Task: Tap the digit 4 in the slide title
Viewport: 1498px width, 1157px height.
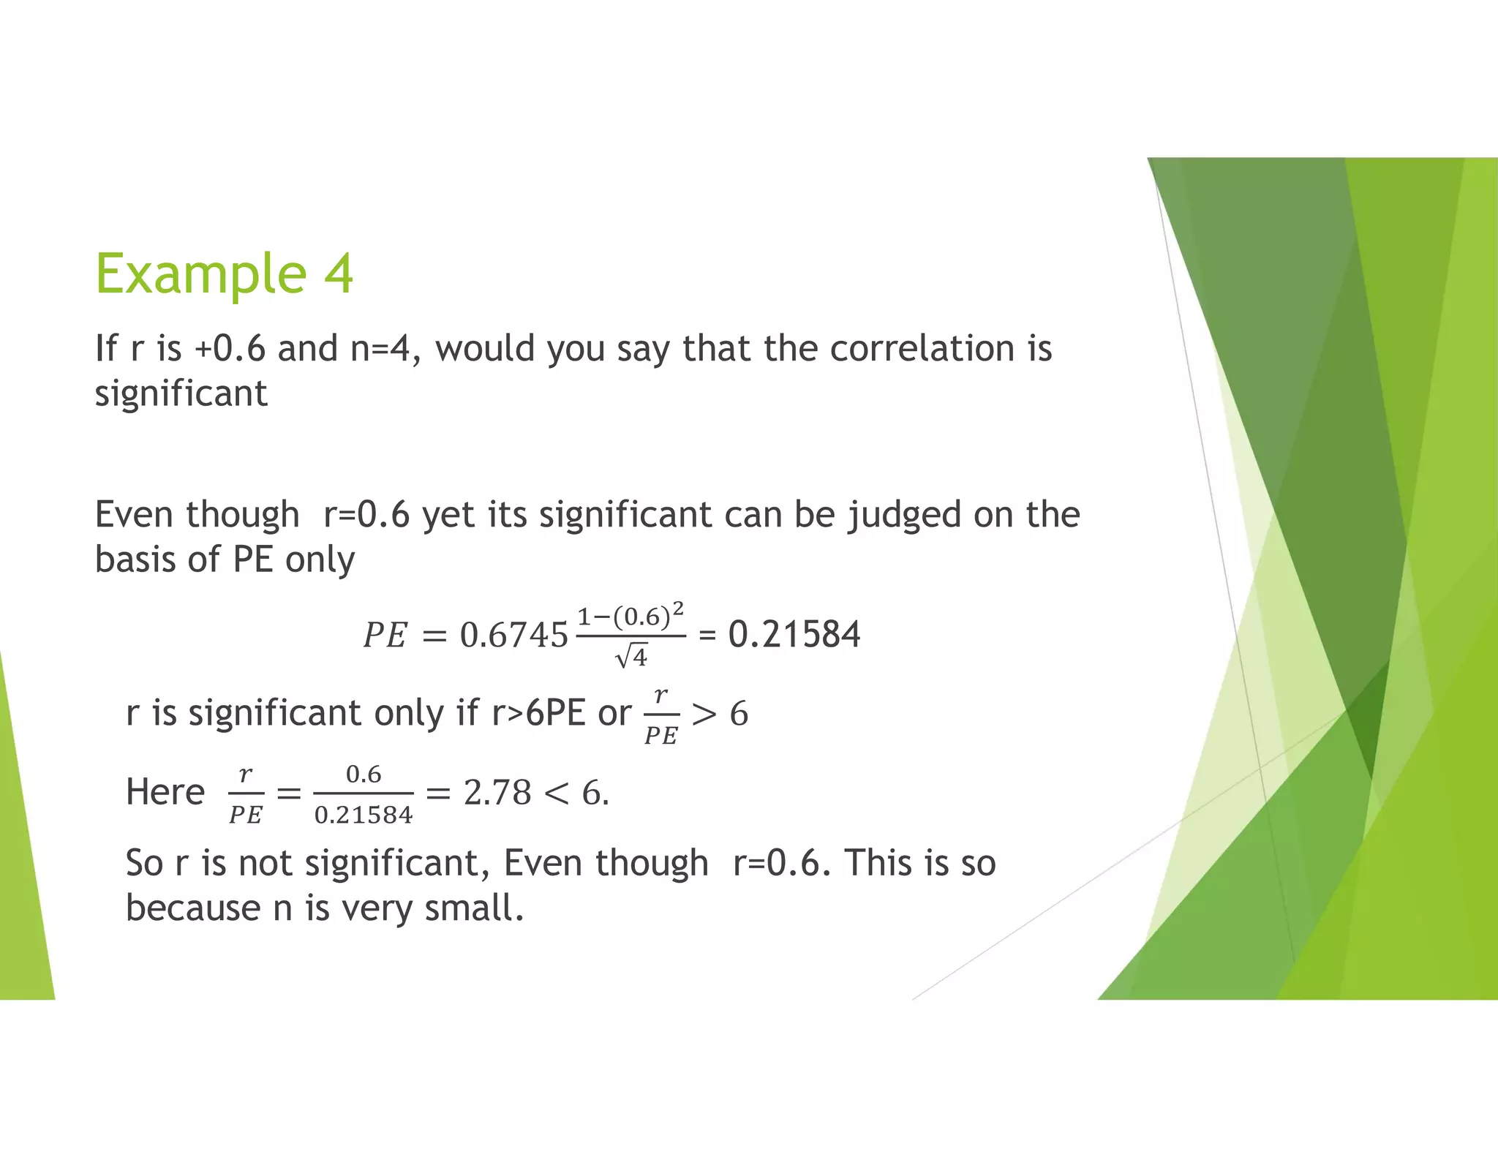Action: point(339,273)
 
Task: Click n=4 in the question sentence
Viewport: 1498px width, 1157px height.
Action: point(380,348)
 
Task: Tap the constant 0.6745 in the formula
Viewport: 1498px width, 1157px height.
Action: point(513,635)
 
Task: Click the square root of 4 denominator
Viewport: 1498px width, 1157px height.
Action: point(631,657)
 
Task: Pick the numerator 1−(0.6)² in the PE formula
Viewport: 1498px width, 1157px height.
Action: point(631,616)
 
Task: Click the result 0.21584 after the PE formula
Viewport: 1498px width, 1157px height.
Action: point(794,634)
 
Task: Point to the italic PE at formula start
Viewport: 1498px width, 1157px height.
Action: point(385,635)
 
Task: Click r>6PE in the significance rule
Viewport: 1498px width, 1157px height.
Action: point(538,713)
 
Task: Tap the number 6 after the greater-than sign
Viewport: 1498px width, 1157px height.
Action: point(739,714)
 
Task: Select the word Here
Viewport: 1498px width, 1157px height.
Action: point(165,792)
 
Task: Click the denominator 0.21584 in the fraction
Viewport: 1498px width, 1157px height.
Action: point(364,815)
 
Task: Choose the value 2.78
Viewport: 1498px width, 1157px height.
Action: point(497,793)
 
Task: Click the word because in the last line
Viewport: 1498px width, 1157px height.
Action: point(193,908)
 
